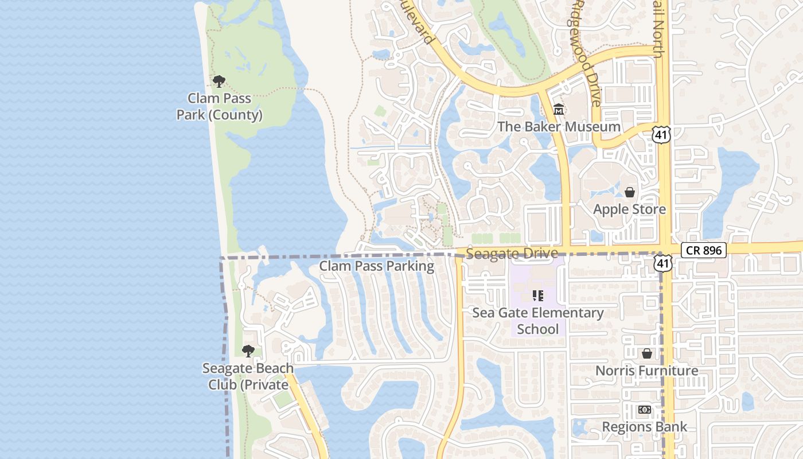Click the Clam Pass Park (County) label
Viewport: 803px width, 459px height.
tap(219, 107)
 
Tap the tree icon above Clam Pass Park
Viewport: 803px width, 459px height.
tap(219, 81)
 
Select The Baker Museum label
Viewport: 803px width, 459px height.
tap(559, 127)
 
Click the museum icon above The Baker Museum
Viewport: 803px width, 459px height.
tap(559, 109)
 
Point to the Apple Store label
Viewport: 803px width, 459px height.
tap(629, 209)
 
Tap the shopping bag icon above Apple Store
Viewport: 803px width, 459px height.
tap(630, 192)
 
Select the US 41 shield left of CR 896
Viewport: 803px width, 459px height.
tap(663, 262)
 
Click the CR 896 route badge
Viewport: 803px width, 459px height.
tap(704, 250)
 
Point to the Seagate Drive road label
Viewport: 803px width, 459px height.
tap(512, 254)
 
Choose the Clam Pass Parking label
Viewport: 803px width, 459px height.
tap(376, 266)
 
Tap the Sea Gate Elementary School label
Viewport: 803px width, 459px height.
tap(537, 321)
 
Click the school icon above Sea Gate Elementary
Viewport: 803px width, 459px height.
tap(537, 296)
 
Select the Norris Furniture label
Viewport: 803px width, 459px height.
tap(646, 371)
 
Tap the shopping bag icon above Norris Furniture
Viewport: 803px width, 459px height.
tap(646, 353)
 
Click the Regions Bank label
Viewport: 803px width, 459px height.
tap(644, 427)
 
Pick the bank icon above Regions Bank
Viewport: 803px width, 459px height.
tap(644, 410)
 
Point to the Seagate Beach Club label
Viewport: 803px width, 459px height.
tap(248, 376)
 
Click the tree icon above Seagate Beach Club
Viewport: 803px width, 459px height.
tap(248, 351)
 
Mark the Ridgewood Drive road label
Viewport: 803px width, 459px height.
tap(586, 53)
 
